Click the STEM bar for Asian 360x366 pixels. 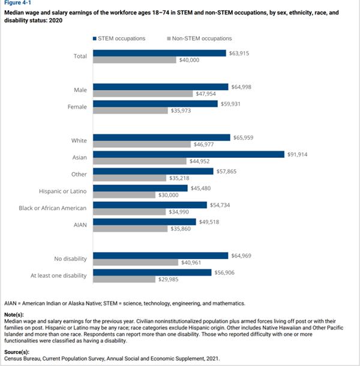click(188, 154)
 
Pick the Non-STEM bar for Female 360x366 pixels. click(130, 110)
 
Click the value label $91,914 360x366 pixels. click(298, 154)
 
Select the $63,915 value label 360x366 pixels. click(240, 53)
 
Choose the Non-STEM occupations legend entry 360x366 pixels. click(196, 38)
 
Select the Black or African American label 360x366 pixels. click(53, 208)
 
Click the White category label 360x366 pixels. click(78, 141)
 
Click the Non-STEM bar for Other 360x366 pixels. click(130, 178)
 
